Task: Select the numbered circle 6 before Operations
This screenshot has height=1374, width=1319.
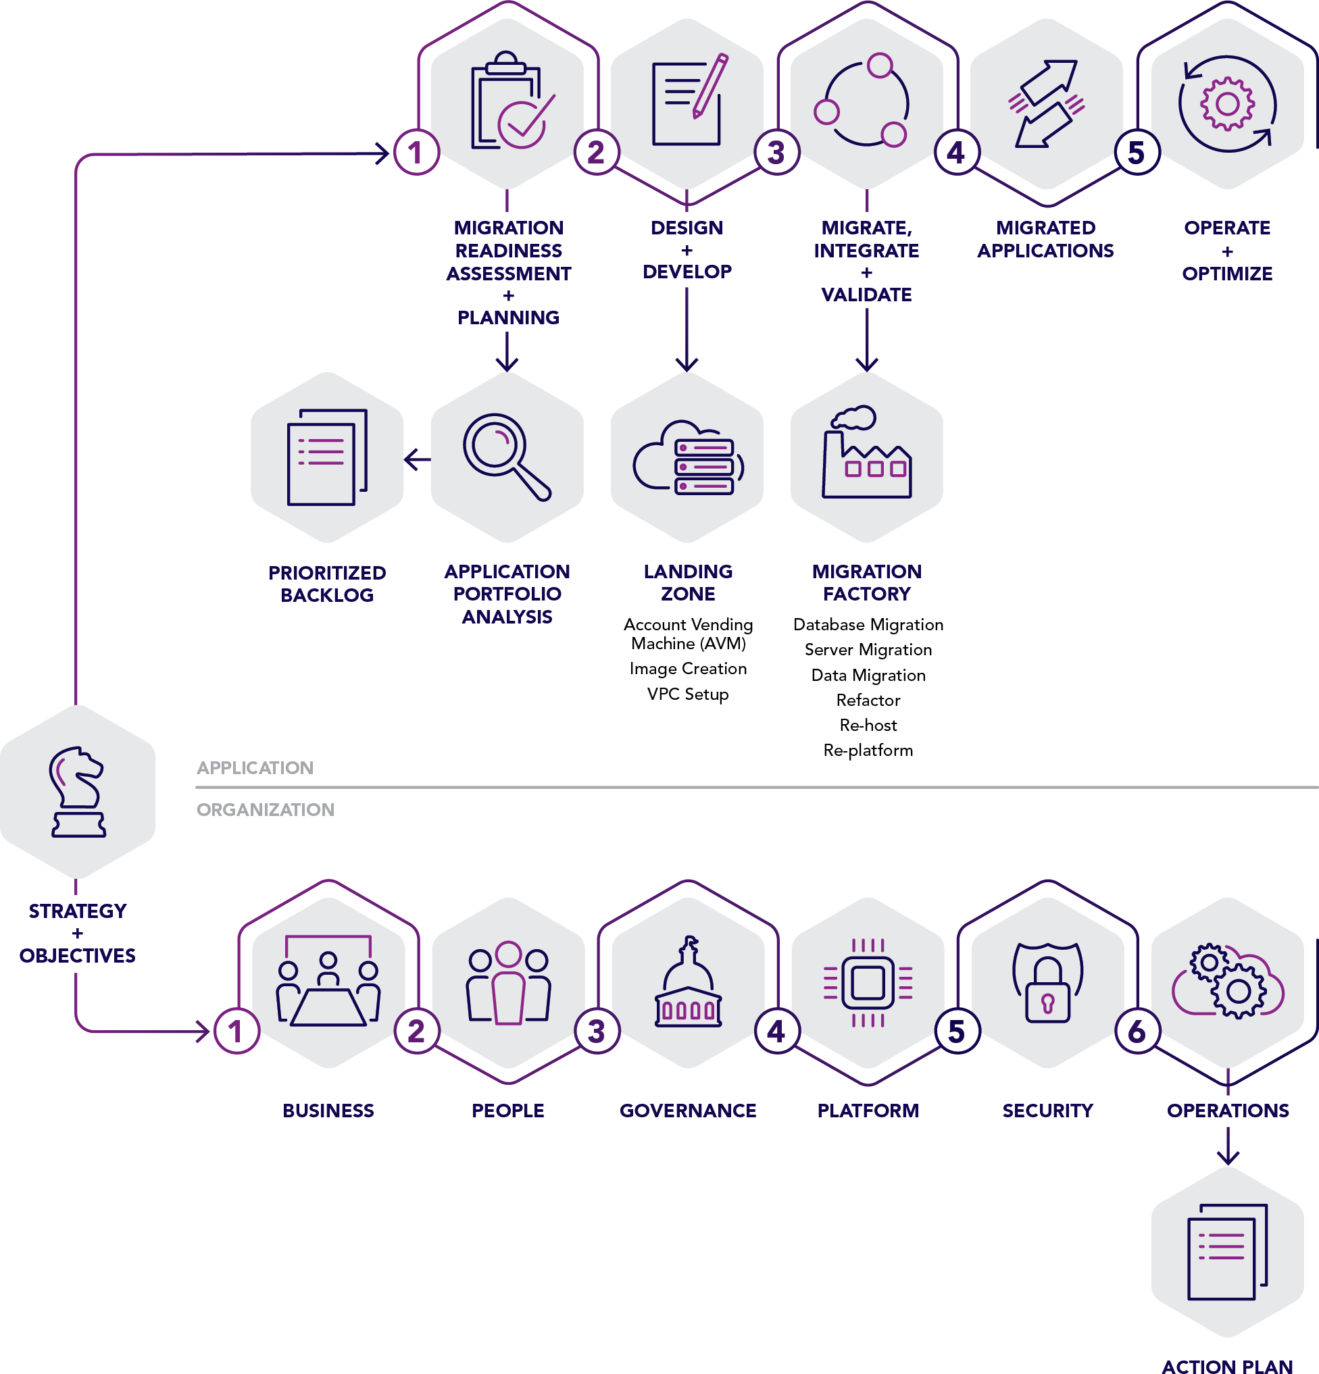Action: (x=1136, y=1032)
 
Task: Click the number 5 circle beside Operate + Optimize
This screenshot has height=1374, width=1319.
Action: (x=1136, y=152)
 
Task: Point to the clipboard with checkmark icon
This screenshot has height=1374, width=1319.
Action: (x=510, y=101)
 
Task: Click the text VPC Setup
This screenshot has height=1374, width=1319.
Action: (x=687, y=694)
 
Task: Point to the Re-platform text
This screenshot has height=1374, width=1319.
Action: (x=868, y=750)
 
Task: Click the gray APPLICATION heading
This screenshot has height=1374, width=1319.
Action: (x=255, y=767)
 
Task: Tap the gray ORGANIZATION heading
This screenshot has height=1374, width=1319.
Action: (x=265, y=810)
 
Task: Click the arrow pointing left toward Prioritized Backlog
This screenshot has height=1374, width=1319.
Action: (x=417, y=460)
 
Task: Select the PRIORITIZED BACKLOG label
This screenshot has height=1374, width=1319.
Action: (x=327, y=583)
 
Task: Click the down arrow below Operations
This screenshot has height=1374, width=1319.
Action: (x=1227, y=1147)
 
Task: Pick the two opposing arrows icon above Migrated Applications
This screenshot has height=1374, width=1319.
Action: (x=1045, y=104)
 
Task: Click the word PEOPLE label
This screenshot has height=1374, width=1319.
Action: (x=507, y=1111)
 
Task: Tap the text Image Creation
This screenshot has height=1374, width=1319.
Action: (x=687, y=669)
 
